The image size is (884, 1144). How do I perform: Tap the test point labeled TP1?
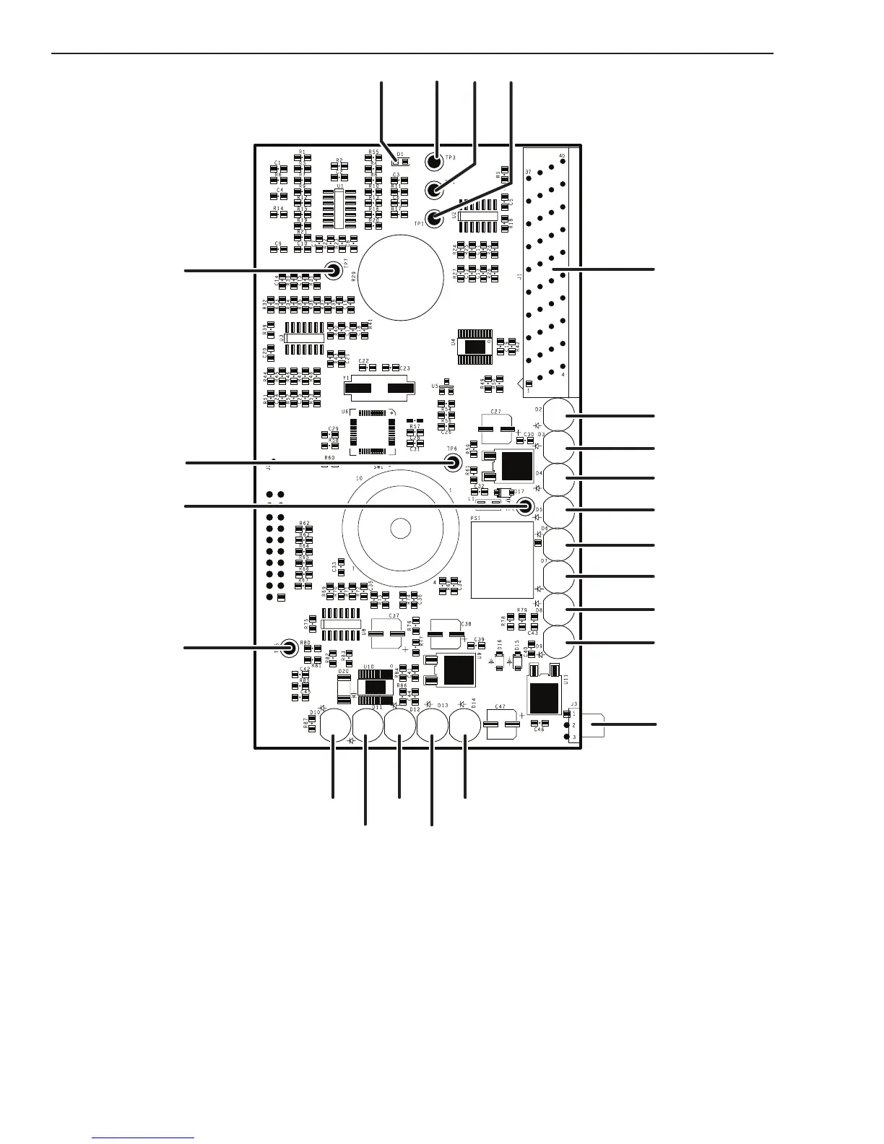click(435, 217)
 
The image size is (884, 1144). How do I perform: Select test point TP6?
click(453, 463)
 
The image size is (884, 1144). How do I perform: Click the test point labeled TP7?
click(334, 271)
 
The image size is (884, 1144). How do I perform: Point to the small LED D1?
click(396, 160)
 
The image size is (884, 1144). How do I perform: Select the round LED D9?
click(559, 642)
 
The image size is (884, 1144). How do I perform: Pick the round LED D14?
click(465, 724)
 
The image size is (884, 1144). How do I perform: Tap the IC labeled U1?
click(339, 209)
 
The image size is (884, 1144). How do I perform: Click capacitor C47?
click(502, 724)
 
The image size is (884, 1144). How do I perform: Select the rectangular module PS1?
click(501, 559)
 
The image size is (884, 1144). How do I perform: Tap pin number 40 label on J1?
click(562, 155)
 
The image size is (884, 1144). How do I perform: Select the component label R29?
click(354, 275)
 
